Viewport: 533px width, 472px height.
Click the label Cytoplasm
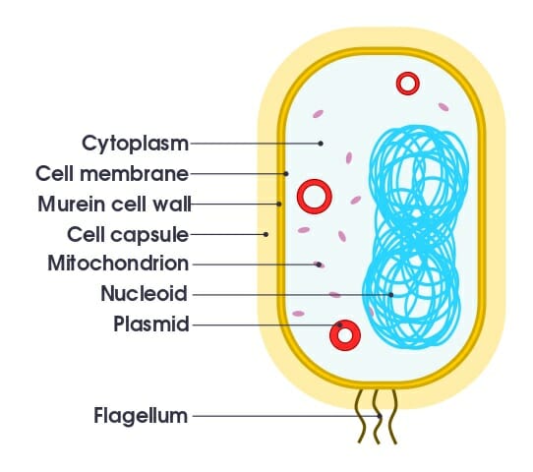tap(135, 144)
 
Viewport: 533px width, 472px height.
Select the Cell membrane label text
tap(112, 174)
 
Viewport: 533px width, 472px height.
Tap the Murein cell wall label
tap(114, 204)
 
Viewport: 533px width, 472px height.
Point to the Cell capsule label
tap(128, 234)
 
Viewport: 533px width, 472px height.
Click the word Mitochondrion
tap(118, 264)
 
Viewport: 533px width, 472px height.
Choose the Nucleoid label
tap(145, 293)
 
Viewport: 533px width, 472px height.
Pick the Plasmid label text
tap(151, 324)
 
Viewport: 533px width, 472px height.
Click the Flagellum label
tap(141, 416)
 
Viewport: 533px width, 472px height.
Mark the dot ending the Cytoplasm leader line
tap(321, 144)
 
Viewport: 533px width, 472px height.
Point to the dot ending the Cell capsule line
tap(266, 234)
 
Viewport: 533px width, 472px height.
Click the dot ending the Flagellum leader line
tap(380, 416)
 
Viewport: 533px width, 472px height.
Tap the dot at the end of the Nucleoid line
tap(391, 295)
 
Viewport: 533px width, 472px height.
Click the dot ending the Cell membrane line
tap(286, 174)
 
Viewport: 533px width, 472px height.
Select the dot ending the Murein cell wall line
tap(278, 204)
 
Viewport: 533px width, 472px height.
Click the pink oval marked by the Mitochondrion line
tap(319, 265)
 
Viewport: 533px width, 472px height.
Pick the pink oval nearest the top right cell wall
tap(444, 107)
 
